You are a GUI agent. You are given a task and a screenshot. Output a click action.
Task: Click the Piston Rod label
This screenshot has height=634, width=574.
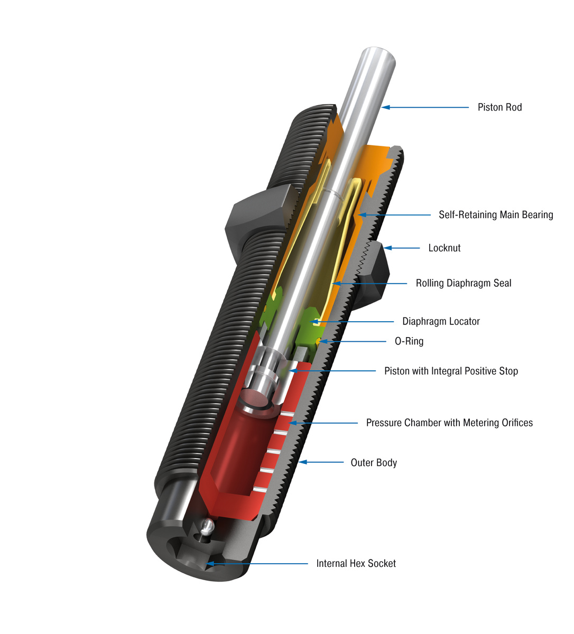coord(499,107)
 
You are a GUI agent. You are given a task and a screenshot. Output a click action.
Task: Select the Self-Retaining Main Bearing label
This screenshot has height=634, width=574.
coord(496,215)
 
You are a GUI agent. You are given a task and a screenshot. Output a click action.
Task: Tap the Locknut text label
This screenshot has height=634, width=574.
coord(444,248)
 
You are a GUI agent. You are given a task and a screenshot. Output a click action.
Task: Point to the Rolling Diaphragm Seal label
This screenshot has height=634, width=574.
coord(463,283)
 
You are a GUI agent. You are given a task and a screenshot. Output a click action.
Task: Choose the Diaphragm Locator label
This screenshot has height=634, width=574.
coord(441,321)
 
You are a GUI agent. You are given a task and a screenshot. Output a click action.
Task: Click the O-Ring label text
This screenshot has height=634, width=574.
coord(409,341)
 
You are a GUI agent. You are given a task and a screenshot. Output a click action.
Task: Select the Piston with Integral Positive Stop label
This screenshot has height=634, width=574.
coord(451,371)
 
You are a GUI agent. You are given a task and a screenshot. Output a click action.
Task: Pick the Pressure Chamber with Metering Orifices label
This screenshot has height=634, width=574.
coord(449,423)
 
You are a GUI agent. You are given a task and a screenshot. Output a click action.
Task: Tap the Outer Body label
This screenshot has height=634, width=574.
coord(374,462)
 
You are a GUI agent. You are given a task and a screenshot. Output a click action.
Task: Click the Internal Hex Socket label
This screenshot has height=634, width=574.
coord(356,564)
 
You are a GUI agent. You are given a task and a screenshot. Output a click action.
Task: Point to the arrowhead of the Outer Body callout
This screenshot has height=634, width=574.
coord(303,462)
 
